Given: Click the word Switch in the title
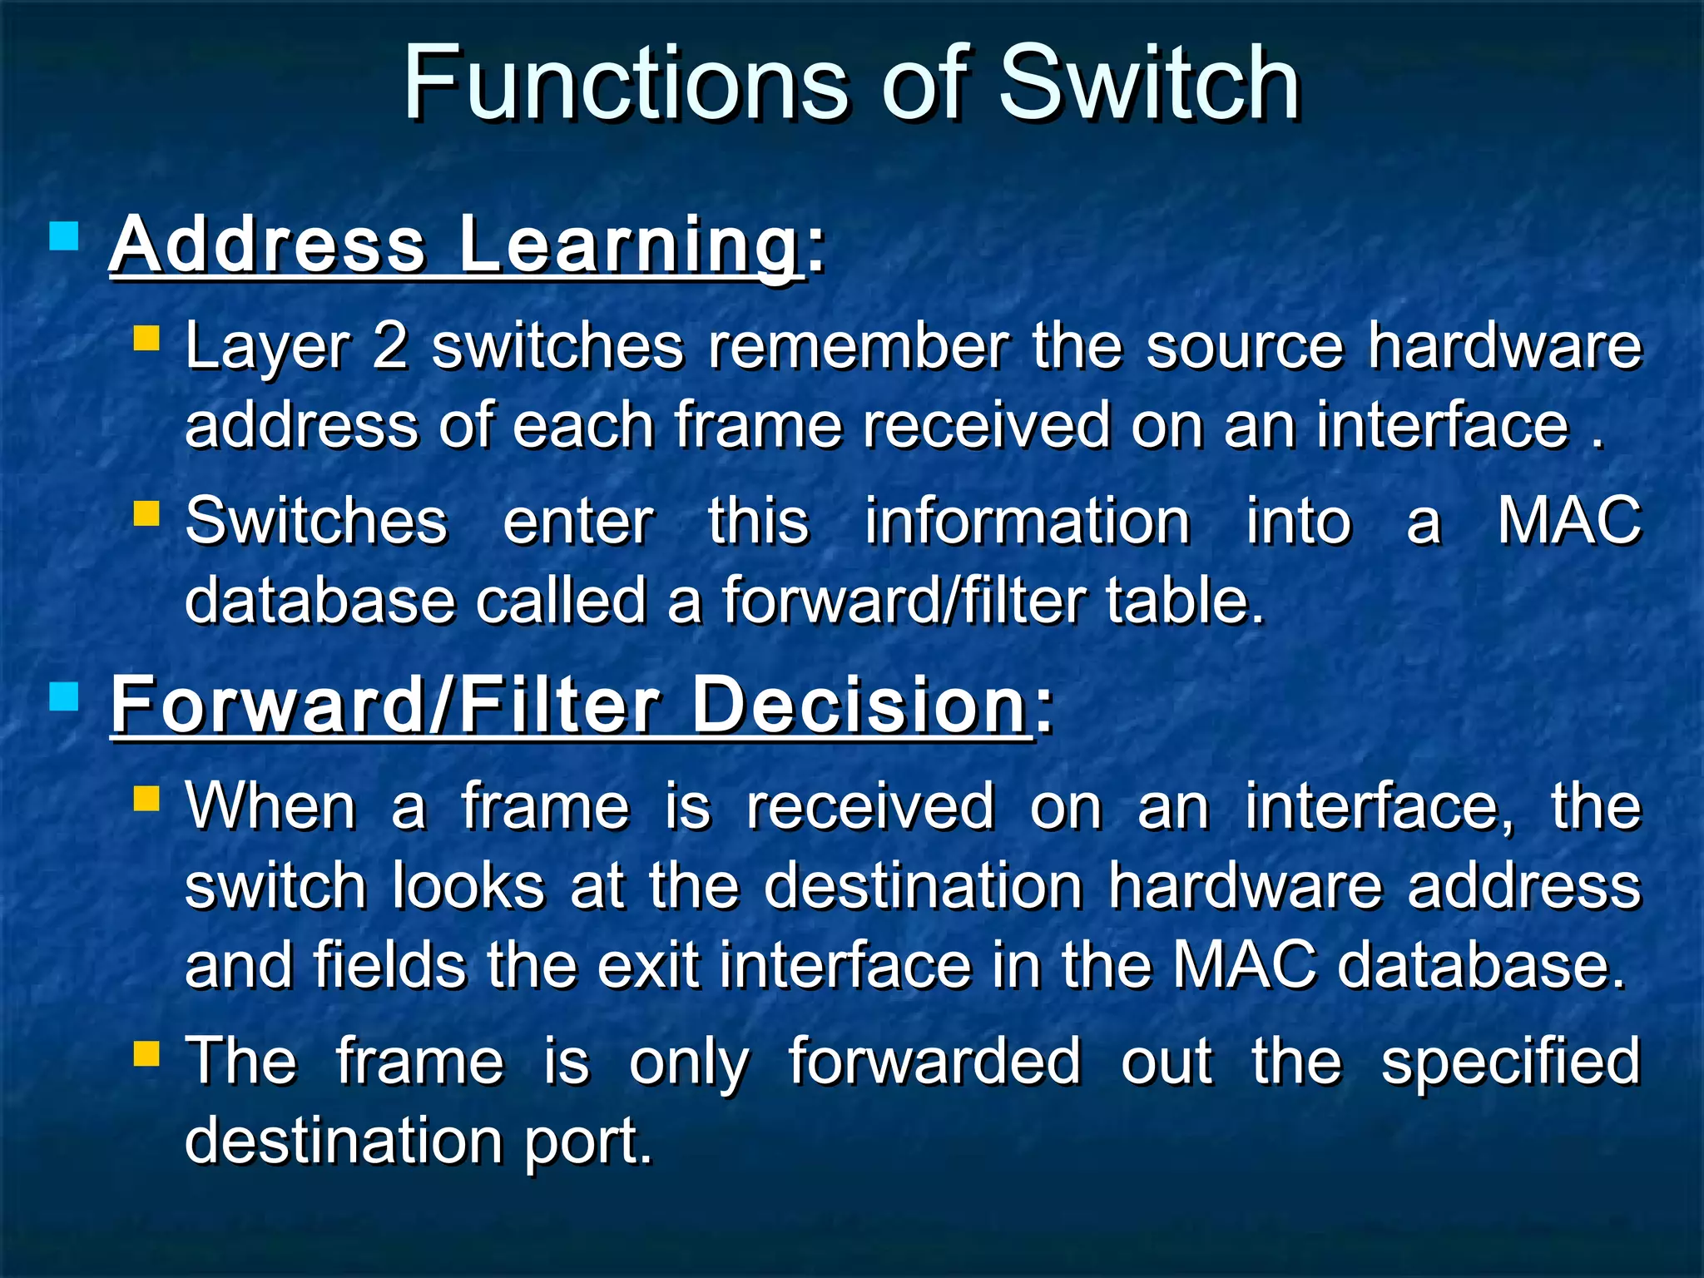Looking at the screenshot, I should pyautogui.click(x=1148, y=83).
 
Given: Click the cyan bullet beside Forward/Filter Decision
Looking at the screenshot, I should pyautogui.click(x=64, y=697).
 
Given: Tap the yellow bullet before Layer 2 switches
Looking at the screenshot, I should pyautogui.click(x=146, y=339).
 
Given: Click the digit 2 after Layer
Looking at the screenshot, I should pyautogui.click(x=389, y=346).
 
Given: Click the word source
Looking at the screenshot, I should pyautogui.click(x=1244, y=346).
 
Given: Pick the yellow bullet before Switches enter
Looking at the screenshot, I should pyautogui.click(x=146, y=513).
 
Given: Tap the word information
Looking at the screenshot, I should pyautogui.click(x=1027, y=522).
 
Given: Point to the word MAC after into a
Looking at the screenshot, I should pyautogui.click(x=1569, y=522).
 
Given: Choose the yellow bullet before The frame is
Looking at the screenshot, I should pyautogui.click(x=146, y=1054).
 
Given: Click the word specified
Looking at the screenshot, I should pyautogui.click(x=1511, y=1062).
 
